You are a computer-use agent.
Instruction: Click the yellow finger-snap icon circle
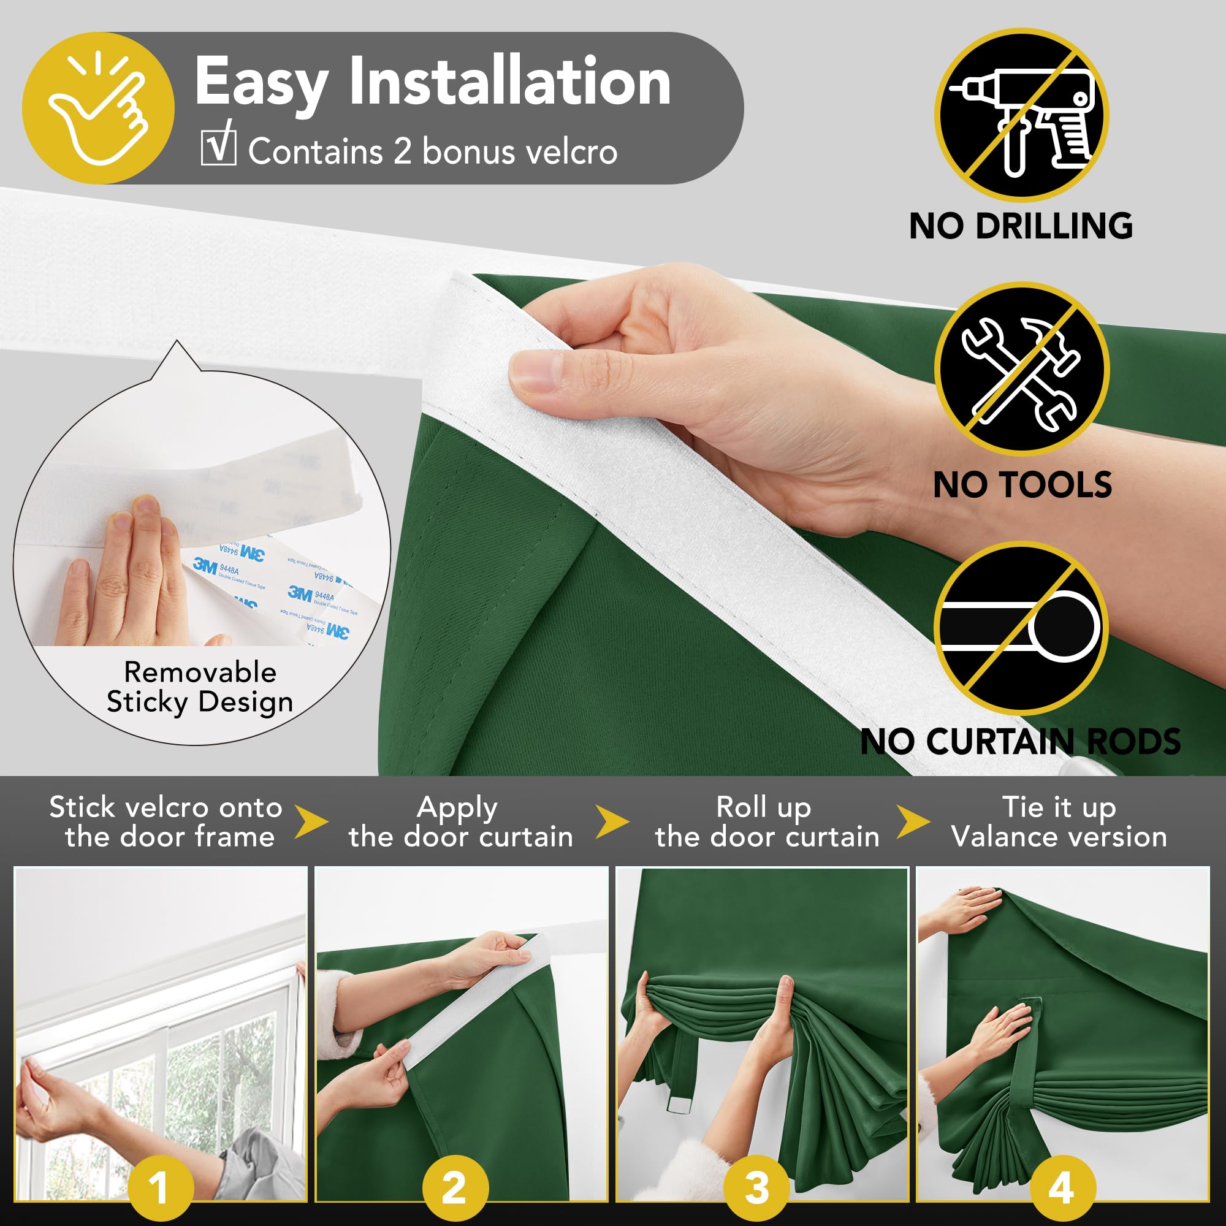coord(98,109)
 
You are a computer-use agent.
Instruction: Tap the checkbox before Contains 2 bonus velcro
coord(218,147)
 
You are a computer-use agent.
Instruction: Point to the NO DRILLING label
coord(1021,226)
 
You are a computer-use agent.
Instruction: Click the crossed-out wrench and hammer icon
coord(1021,369)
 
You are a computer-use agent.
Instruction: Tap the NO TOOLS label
coord(1022,485)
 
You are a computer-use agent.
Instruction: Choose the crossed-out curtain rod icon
coord(1021,628)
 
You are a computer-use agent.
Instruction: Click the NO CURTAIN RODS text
coord(1021,741)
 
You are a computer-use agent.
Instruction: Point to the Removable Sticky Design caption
coord(200,687)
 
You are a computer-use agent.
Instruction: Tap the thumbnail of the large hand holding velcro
coord(462,1034)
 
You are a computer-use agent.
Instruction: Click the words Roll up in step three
coord(763,807)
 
